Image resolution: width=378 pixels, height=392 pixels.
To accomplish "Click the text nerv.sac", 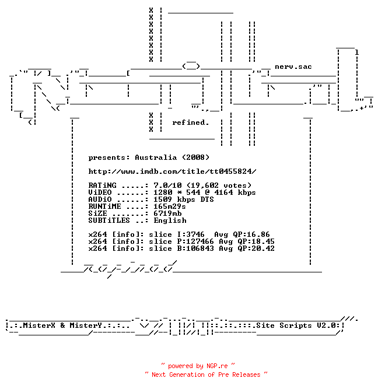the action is (293, 66).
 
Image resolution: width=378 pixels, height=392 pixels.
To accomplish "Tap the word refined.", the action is (191, 123).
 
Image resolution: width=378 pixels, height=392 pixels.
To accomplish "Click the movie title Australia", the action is (156, 157).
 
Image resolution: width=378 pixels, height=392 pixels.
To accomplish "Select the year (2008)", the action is (195, 157).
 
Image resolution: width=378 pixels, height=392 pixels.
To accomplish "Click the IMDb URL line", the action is (172, 171).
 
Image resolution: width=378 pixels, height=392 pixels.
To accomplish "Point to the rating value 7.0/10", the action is (167, 185).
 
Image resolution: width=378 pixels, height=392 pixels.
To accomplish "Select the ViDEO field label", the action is (100, 192).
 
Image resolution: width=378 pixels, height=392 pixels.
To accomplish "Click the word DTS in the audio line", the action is (207, 199).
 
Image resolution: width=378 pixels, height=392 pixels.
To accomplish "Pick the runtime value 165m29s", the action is (170, 206).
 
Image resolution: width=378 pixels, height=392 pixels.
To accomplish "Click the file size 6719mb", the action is (167, 213).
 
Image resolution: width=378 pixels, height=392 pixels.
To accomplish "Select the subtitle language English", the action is (170, 220).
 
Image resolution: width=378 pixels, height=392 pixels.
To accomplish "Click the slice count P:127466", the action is (195, 242).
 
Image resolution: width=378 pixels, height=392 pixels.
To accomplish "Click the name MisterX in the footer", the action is (39, 325).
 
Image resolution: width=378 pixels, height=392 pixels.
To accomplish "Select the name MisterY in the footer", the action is (86, 325).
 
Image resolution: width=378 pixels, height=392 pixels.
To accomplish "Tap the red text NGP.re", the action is (217, 366).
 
